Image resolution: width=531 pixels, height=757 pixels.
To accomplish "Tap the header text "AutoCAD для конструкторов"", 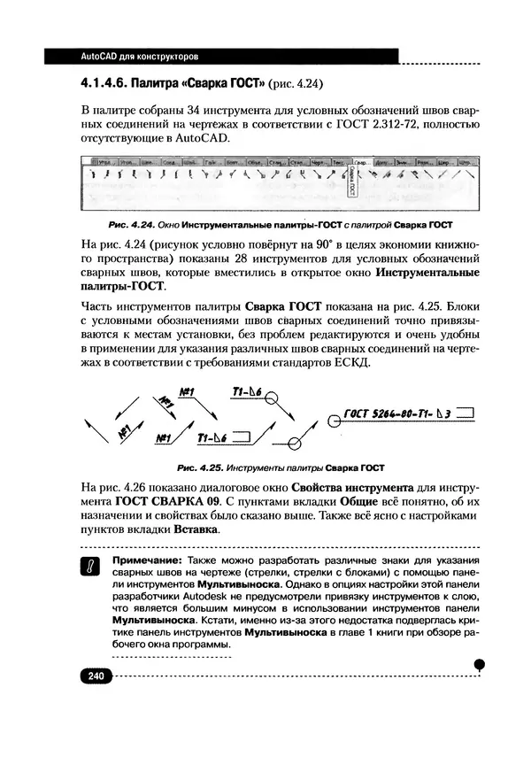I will click(x=139, y=57).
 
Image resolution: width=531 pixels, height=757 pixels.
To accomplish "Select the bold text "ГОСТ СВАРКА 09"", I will click(x=165, y=501).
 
